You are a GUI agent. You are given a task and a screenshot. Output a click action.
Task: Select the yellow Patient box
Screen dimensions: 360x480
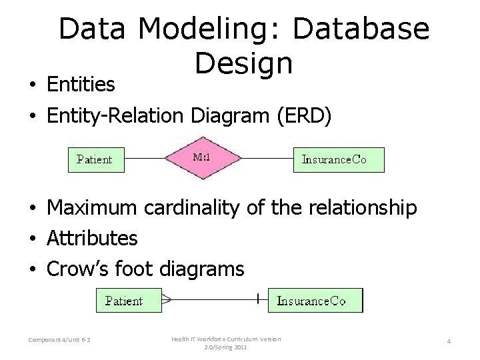point(96,159)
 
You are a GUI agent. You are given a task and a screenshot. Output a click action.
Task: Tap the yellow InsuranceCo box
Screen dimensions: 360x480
point(339,159)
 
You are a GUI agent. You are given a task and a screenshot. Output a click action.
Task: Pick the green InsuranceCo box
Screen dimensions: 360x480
point(315,301)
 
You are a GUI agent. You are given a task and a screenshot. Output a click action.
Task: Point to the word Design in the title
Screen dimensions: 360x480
point(243,63)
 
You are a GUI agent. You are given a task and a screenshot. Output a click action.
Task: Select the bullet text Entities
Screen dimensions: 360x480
point(81,85)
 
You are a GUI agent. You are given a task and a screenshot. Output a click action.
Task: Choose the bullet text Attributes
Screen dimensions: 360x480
point(92,238)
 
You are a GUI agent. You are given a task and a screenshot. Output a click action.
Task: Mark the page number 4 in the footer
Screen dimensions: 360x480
point(449,341)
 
